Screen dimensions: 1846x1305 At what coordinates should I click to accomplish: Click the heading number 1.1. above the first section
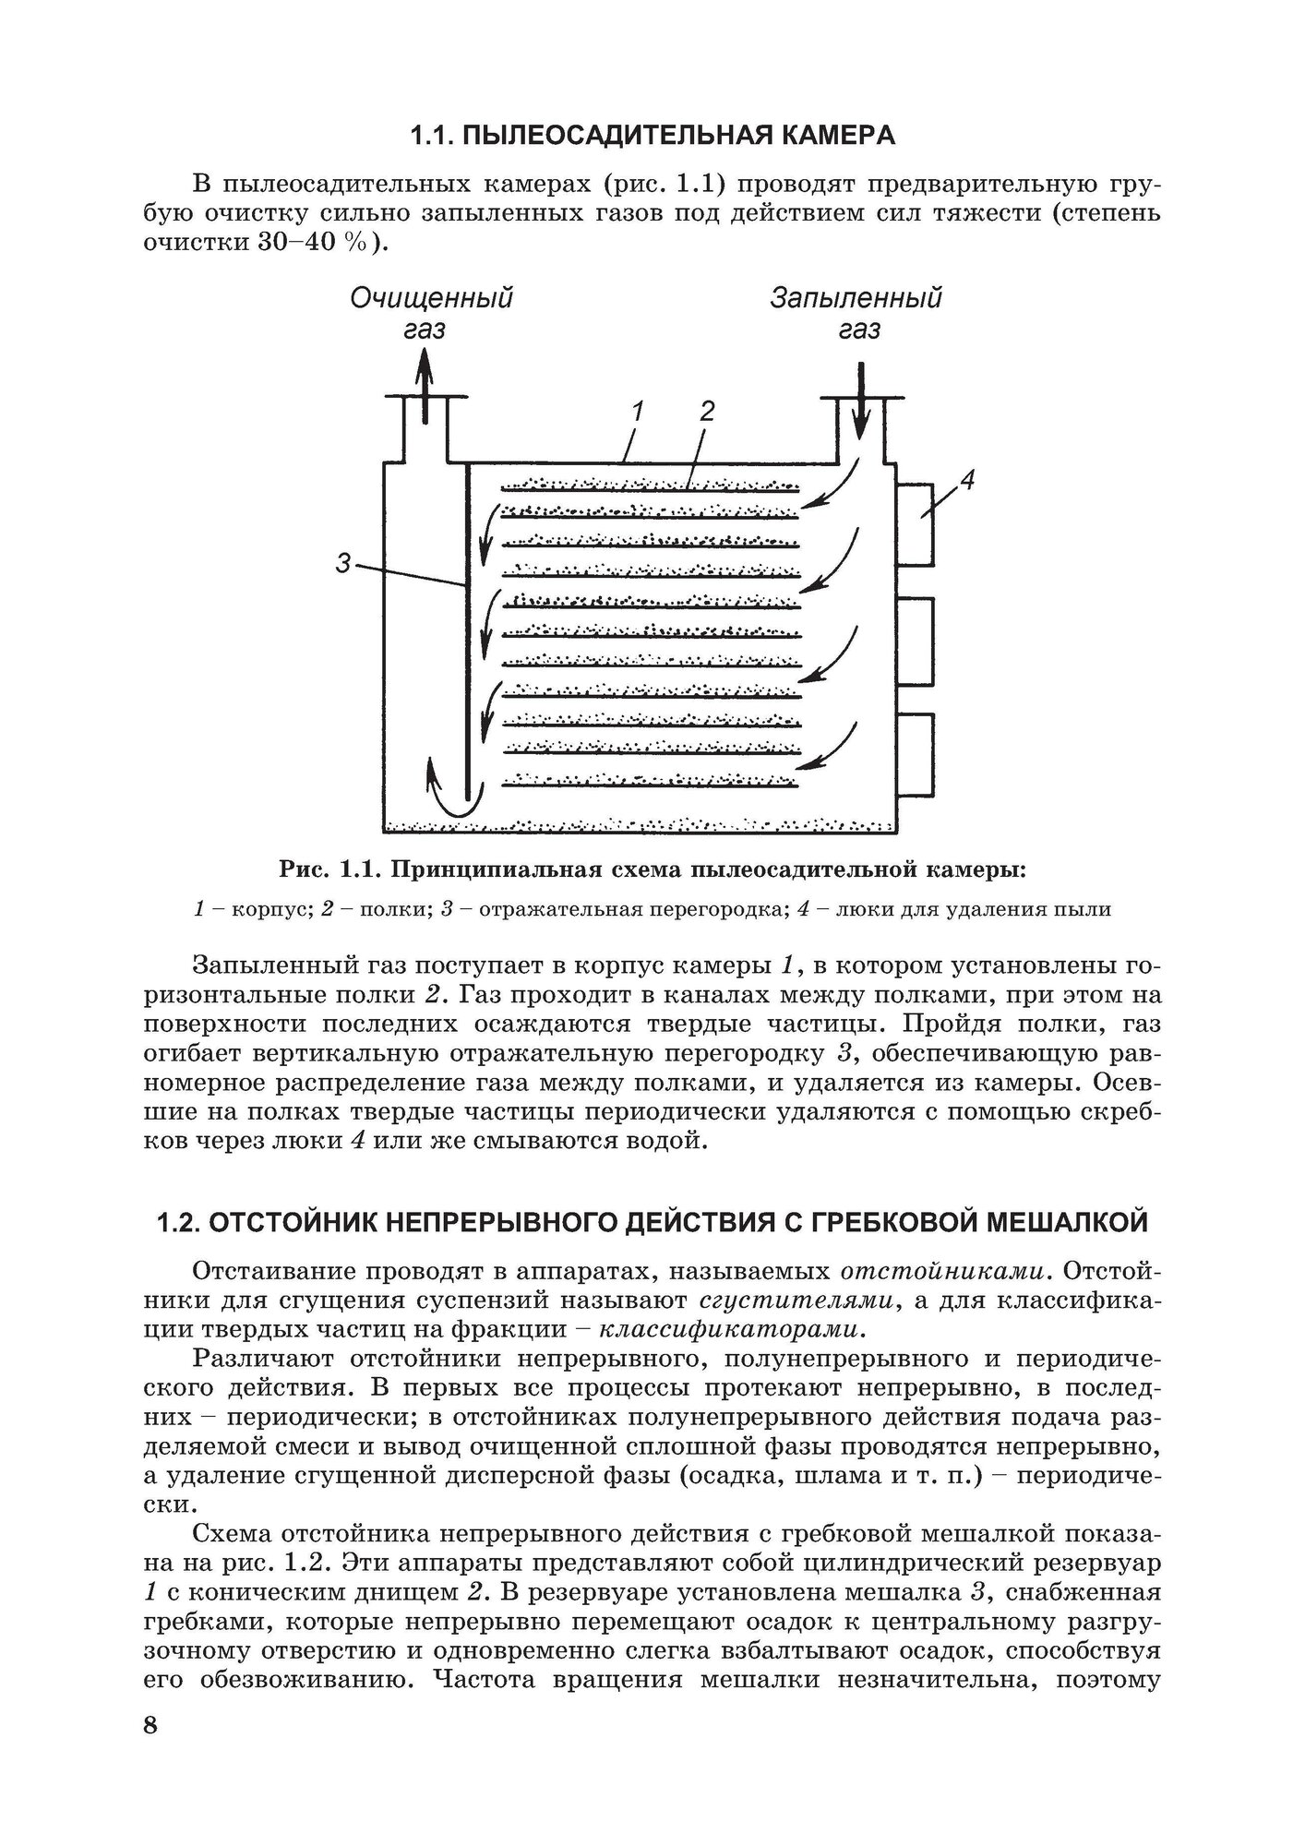[432, 137]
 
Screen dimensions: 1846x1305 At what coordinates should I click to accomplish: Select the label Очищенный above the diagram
[431, 299]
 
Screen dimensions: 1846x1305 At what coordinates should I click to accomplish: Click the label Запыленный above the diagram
[856, 299]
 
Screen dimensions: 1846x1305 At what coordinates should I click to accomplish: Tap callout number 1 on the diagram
[638, 412]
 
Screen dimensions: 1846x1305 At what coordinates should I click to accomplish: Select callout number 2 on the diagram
[707, 412]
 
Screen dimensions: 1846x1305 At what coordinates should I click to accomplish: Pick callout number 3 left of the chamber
[343, 562]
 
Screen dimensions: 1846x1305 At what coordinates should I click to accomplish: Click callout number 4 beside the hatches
[966, 480]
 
